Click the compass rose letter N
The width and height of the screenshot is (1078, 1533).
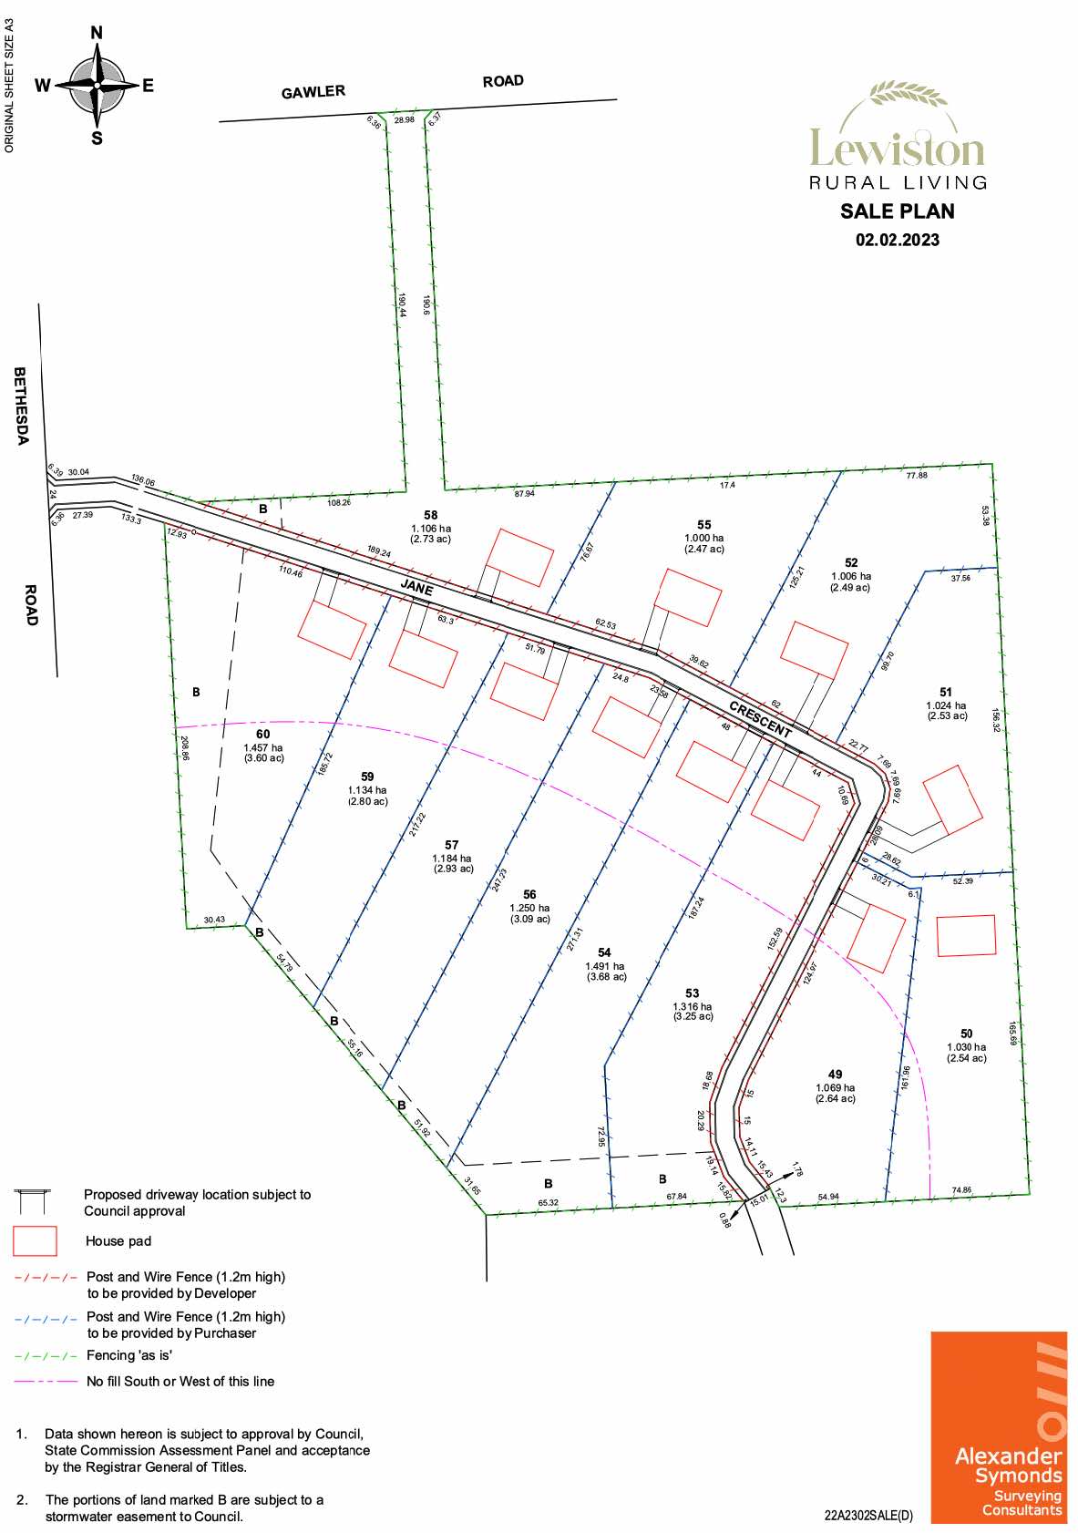coord(97,34)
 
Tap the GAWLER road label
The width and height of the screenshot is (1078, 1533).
coord(313,92)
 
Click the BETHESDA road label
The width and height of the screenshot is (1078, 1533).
coord(21,406)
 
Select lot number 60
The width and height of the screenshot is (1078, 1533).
coord(262,734)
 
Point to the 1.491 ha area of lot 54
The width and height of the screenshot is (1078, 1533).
coord(605,966)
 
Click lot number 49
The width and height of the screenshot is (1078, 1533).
coord(835,1075)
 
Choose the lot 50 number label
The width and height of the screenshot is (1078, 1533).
coord(966,1034)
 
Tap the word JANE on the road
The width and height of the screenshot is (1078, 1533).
coord(417,588)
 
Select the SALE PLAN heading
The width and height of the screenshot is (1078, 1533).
coord(897,211)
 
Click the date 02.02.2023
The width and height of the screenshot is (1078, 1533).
coord(897,240)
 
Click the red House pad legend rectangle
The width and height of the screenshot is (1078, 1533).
coord(35,1240)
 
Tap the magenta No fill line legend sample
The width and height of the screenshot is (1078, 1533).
coord(46,1382)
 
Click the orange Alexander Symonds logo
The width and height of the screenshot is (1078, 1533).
coord(998,1427)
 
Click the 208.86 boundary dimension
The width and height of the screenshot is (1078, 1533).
coord(185,748)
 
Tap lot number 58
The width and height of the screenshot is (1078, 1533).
coord(431,515)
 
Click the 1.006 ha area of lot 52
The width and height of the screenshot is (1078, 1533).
coord(850,576)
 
